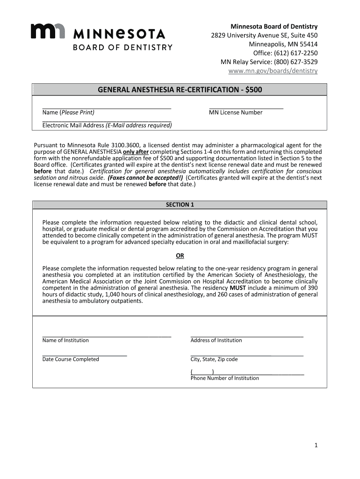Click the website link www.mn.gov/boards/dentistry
[x=273, y=71]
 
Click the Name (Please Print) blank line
[x=107, y=108]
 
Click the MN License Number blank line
[x=246, y=108]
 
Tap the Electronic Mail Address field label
[x=107, y=125]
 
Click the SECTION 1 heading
[x=180, y=205]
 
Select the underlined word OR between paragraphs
[x=180, y=256]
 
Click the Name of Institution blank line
[x=107, y=336]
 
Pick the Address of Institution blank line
[x=247, y=336]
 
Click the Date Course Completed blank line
[x=85, y=356]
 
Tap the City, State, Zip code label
[x=214, y=359]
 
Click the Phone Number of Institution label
[x=224, y=378]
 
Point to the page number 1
[x=316, y=446]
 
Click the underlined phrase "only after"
[x=136, y=152]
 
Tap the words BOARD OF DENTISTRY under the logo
[x=122, y=47]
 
